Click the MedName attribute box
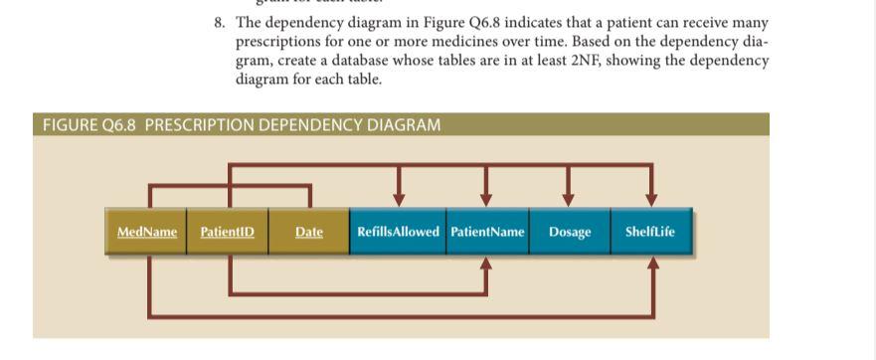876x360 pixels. point(146,232)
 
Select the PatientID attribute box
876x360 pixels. point(228,232)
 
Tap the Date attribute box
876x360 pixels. point(309,232)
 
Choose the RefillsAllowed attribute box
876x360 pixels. point(398,232)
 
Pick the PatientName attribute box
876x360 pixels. point(487,232)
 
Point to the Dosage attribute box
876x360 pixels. point(570,232)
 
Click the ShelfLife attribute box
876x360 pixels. point(650,232)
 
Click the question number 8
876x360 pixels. point(219,22)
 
